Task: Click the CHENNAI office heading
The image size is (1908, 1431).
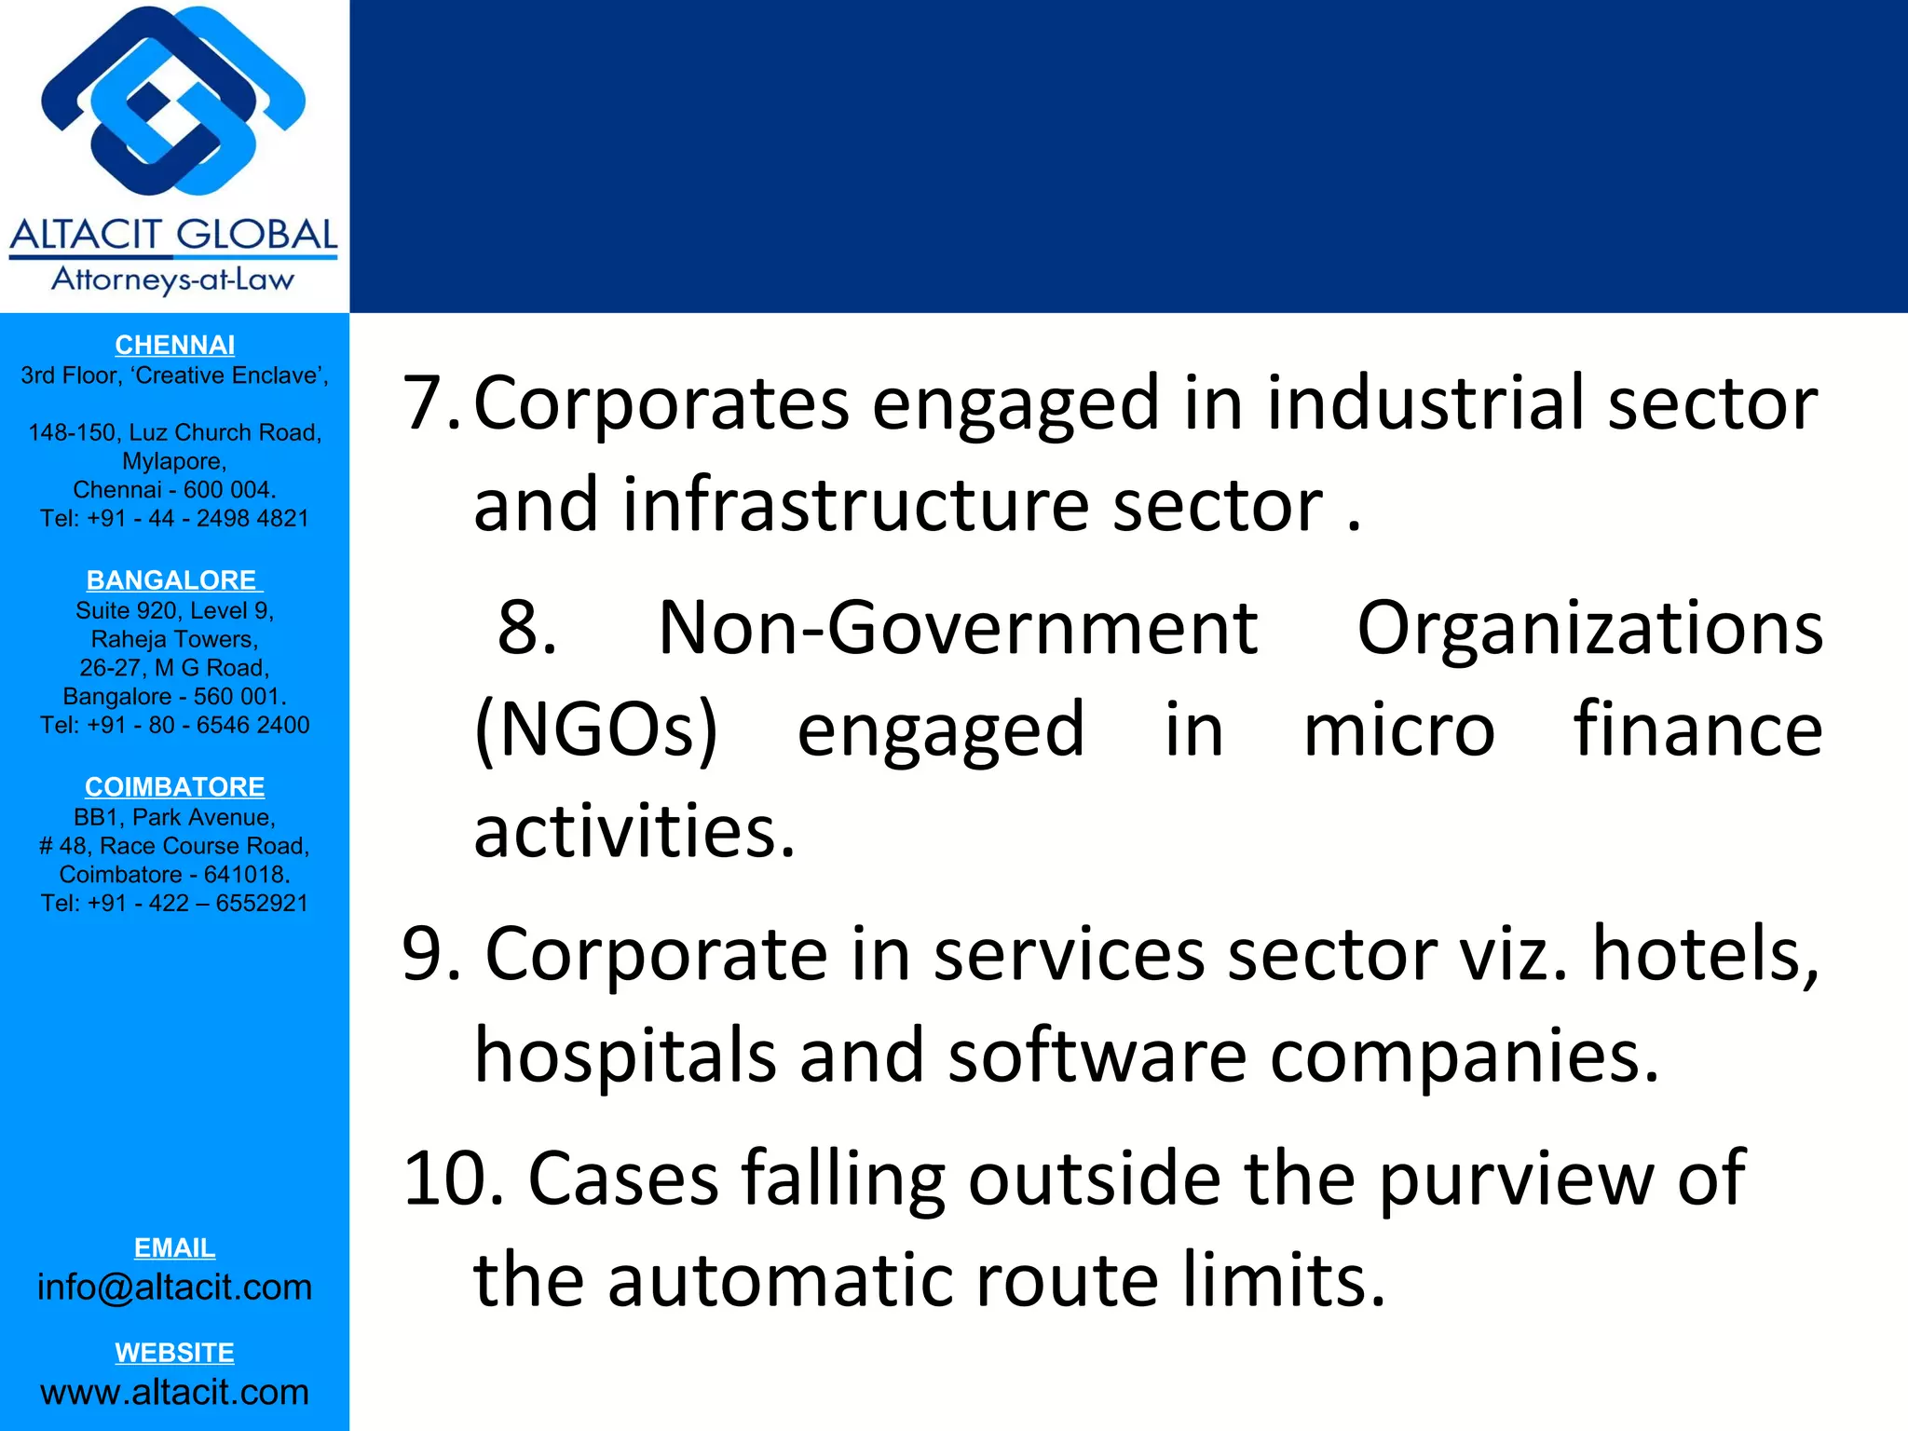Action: point(174,345)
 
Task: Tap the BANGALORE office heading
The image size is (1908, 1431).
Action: point(173,579)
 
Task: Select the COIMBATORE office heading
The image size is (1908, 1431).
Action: point(174,786)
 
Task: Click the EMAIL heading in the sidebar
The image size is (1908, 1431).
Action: point(174,1247)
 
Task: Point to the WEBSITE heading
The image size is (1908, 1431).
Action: point(174,1352)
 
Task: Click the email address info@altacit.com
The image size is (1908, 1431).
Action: point(174,1287)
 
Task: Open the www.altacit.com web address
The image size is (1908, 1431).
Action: point(174,1392)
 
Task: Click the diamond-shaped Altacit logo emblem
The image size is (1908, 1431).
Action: point(174,101)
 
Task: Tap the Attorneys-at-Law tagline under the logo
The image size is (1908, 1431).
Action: point(173,279)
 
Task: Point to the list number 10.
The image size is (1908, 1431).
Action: point(450,1179)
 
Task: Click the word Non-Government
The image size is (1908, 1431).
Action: point(958,628)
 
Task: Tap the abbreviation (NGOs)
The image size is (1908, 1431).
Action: point(596,730)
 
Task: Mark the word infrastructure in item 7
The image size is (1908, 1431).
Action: point(856,505)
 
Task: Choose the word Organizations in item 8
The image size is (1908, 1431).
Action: point(1589,628)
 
